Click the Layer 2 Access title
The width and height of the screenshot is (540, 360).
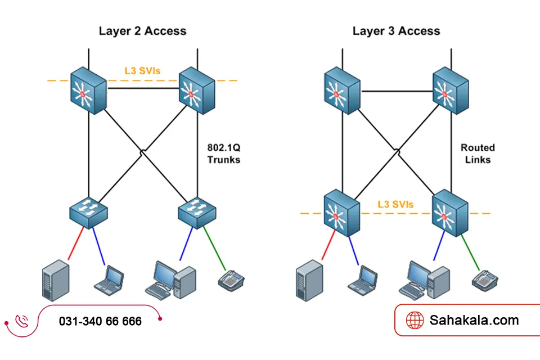[x=142, y=31]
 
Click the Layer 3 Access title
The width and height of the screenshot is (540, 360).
[x=396, y=31]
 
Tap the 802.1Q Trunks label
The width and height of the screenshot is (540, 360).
[x=223, y=154]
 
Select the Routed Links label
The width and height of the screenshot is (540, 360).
[x=478, y=154]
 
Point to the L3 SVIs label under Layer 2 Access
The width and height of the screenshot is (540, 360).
[x=142, y=72]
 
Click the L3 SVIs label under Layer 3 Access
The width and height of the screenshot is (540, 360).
[x=395, y=204]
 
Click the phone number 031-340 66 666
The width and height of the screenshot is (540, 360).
[x=100, y=321]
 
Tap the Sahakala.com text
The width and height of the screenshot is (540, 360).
[x=474, y=320]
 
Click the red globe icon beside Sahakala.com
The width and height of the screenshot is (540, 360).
[x=415, y=320]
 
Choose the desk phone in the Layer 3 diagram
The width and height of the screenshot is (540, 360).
[x=485, y=280]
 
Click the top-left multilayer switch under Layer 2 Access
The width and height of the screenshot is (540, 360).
[x=88, y=90]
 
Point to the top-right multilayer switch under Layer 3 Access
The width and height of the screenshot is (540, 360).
[x=451, y=90]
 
